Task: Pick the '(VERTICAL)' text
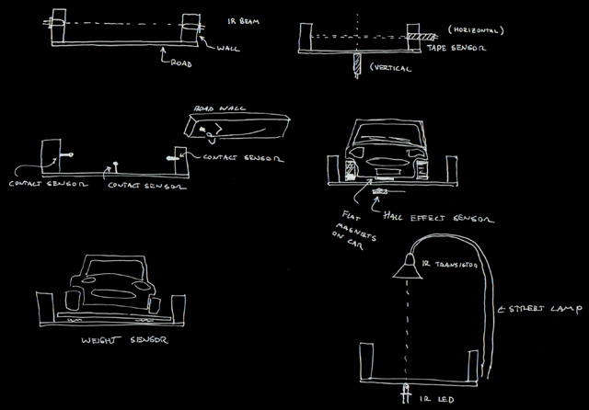pos(388,68)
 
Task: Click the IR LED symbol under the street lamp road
pos(406,393)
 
